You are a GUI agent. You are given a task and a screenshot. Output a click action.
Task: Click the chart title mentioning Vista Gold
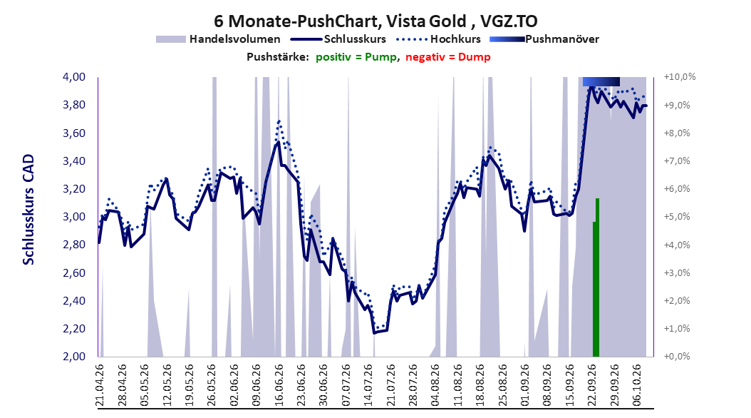pos(375,21)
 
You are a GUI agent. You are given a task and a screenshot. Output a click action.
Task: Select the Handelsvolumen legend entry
pos(219,39)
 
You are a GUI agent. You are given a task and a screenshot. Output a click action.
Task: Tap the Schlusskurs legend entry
pos(338,39)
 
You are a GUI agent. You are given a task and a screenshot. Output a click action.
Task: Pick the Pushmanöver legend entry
pos(544,39)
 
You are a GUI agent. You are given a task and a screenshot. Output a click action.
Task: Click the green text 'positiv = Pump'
pos(356,57)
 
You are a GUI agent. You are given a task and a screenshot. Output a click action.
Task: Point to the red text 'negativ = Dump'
pos(448,57)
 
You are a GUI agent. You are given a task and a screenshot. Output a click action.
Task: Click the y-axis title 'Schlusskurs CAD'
pos(29,210)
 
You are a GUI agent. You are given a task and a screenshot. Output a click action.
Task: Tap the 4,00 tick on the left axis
pos(74,77)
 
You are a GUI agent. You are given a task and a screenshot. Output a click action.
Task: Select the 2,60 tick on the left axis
pos(74,272)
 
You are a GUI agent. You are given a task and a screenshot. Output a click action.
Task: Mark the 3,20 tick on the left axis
pos(74,189)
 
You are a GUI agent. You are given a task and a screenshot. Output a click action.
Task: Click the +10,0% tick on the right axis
pos(680,77)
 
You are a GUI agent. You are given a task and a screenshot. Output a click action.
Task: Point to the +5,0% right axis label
pos(677,217)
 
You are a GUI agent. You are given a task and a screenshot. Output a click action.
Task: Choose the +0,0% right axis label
pos(677,356)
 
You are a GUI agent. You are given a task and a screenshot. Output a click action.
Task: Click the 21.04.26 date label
pos(100,385)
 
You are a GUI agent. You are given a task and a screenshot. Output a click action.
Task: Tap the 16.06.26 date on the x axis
pos(279,385)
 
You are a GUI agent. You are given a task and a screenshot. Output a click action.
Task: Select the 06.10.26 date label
pos(636,385)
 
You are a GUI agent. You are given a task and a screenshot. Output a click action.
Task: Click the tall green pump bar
pos(597,277)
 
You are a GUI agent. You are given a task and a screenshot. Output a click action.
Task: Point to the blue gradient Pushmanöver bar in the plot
pos(601,81)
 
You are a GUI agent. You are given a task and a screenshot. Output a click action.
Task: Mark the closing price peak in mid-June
pos(279,142)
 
